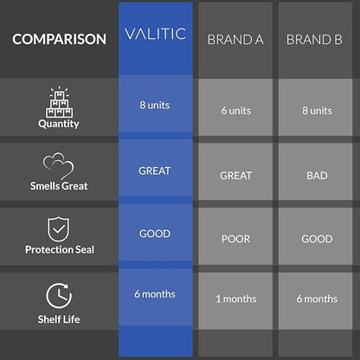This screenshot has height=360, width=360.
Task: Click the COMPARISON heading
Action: (x=59, y=39)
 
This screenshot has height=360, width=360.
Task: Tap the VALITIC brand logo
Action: (x=155, y=34)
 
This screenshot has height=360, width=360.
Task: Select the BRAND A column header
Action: (x=235, y=40)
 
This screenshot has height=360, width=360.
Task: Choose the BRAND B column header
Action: (x=314, y=40)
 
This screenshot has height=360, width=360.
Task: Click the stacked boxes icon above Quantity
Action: (x=59, y=102)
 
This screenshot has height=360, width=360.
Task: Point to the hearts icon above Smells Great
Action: (x=59, y=166)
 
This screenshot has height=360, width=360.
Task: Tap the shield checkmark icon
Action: (x=59, y=229)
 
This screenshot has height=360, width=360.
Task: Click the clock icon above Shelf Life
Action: (x=59, y=295)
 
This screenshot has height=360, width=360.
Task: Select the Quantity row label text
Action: (x=59, y=124)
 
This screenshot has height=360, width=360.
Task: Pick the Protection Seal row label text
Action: (x=60, y=249)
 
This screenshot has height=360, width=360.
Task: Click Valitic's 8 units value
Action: (x=155, y=106)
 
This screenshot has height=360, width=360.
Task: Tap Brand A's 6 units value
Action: (x=236, y=111)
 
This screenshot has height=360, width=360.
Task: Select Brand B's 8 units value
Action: (x=317, y=111)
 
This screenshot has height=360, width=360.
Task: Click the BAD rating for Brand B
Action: (x=317, y=176)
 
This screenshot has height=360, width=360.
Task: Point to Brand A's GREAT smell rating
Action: (x=236, y=176)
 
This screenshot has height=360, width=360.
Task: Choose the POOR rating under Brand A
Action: (x=236, y=239)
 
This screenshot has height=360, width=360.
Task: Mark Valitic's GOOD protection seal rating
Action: (x=155, y=234)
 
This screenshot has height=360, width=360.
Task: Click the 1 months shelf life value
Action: (x=236, y=299)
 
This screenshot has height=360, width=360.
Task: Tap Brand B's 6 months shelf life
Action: (x=317, y=299)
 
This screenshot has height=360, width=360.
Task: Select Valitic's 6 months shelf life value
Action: (x=155, y=294)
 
